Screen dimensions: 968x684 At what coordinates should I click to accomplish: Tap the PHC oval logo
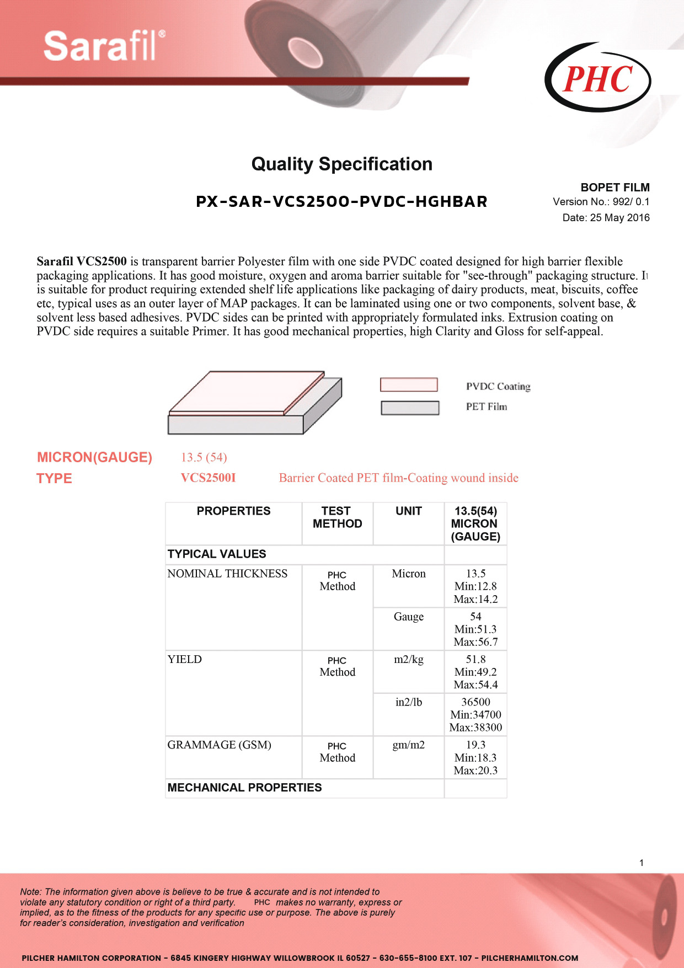pos(597,78)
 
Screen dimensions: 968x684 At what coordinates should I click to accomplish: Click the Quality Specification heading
pos(341,164)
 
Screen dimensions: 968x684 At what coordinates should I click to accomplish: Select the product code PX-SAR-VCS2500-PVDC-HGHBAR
pos(341,202)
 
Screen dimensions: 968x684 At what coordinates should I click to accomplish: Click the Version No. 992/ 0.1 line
pos(601,202)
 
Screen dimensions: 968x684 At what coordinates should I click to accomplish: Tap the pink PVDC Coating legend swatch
pos(409,385)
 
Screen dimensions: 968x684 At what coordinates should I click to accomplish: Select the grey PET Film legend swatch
pos(410,408)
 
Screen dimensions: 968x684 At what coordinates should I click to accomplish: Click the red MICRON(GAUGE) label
pos(94,457)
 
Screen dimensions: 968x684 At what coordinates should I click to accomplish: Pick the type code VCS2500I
pos(208,478)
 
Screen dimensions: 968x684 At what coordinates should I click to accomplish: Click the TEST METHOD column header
pos(337,517)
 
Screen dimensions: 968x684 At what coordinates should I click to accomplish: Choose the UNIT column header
pos(408,511)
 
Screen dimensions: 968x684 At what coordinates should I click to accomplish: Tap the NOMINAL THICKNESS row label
pos(227,574)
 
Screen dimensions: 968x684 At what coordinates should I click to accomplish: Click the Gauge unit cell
pos(408,617)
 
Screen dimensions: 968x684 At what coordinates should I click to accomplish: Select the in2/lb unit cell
pos(408,702)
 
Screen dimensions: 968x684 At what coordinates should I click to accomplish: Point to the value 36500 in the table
pos(475,702)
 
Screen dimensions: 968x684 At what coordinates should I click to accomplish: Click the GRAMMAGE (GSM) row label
pos(219,745)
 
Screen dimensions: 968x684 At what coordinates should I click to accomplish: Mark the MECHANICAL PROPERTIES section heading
pos(244,788)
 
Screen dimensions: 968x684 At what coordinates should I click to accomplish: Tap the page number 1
pos(641,863)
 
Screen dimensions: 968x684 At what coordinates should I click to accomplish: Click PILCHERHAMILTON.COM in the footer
pos(530,958)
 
